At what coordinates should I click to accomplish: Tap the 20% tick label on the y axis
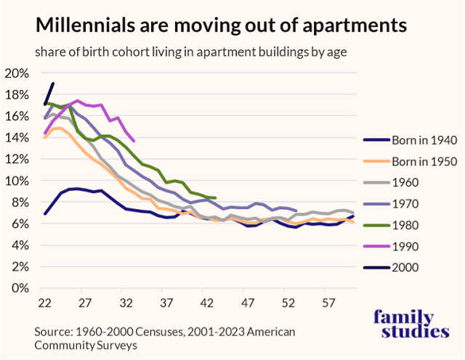point(16,73)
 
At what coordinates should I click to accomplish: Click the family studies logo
point(411,324)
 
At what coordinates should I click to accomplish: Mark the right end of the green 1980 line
point(215,197)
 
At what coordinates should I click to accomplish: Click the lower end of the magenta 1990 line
point(134,140)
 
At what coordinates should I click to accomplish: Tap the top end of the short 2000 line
point(53,83)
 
